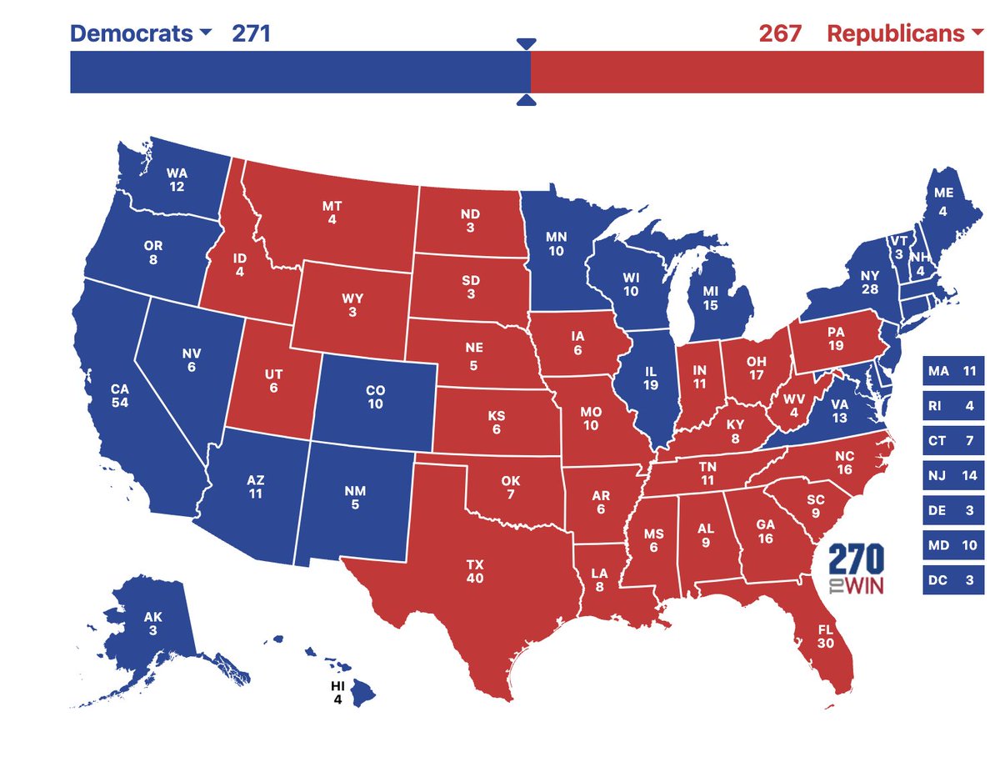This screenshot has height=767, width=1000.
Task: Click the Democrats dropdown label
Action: pyautogui.click(x=141, y=33)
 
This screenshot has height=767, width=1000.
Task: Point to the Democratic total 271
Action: pyautogui.click(x=251, y=33)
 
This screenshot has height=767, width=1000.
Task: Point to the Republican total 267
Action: pyautogui.click(x=780, y=33)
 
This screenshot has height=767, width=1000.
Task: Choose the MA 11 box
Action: pyautogui.click(x=953, y=371)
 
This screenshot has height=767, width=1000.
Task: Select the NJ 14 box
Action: pyautogui.click(x=953, y=475)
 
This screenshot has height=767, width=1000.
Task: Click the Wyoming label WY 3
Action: pyautogui.click(x=353, y=305)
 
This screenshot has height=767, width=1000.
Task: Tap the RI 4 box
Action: pyautogui.click(x=953, y=406)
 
